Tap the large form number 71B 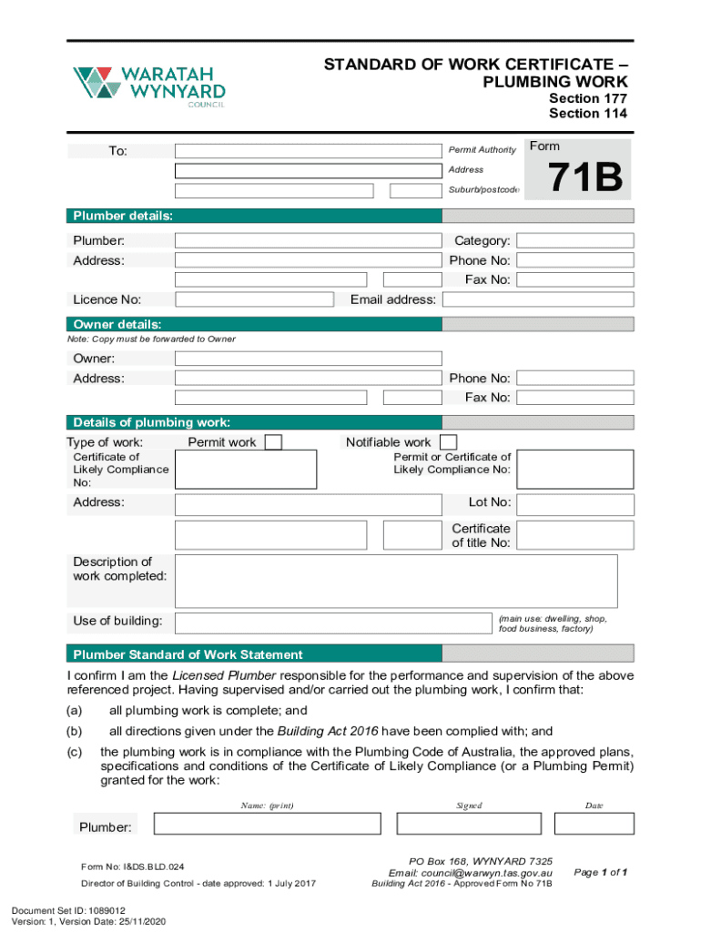(x=584, y=179)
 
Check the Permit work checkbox (x=272, y=442)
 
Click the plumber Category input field (x=574, y=241)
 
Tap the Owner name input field (x=308, y=359)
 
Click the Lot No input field (x=574, y=502)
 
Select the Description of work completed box (x=396, y=581)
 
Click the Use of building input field (x=332, y=623)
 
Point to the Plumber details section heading (x=123, y=216)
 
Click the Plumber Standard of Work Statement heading (x=188, y=654)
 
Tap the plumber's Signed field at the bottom (x=469, y=824)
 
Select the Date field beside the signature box (x=593, y=824)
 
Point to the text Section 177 (x=587, y=98)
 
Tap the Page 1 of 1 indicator (x=600, y=873)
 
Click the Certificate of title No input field (x=574, y=535)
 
